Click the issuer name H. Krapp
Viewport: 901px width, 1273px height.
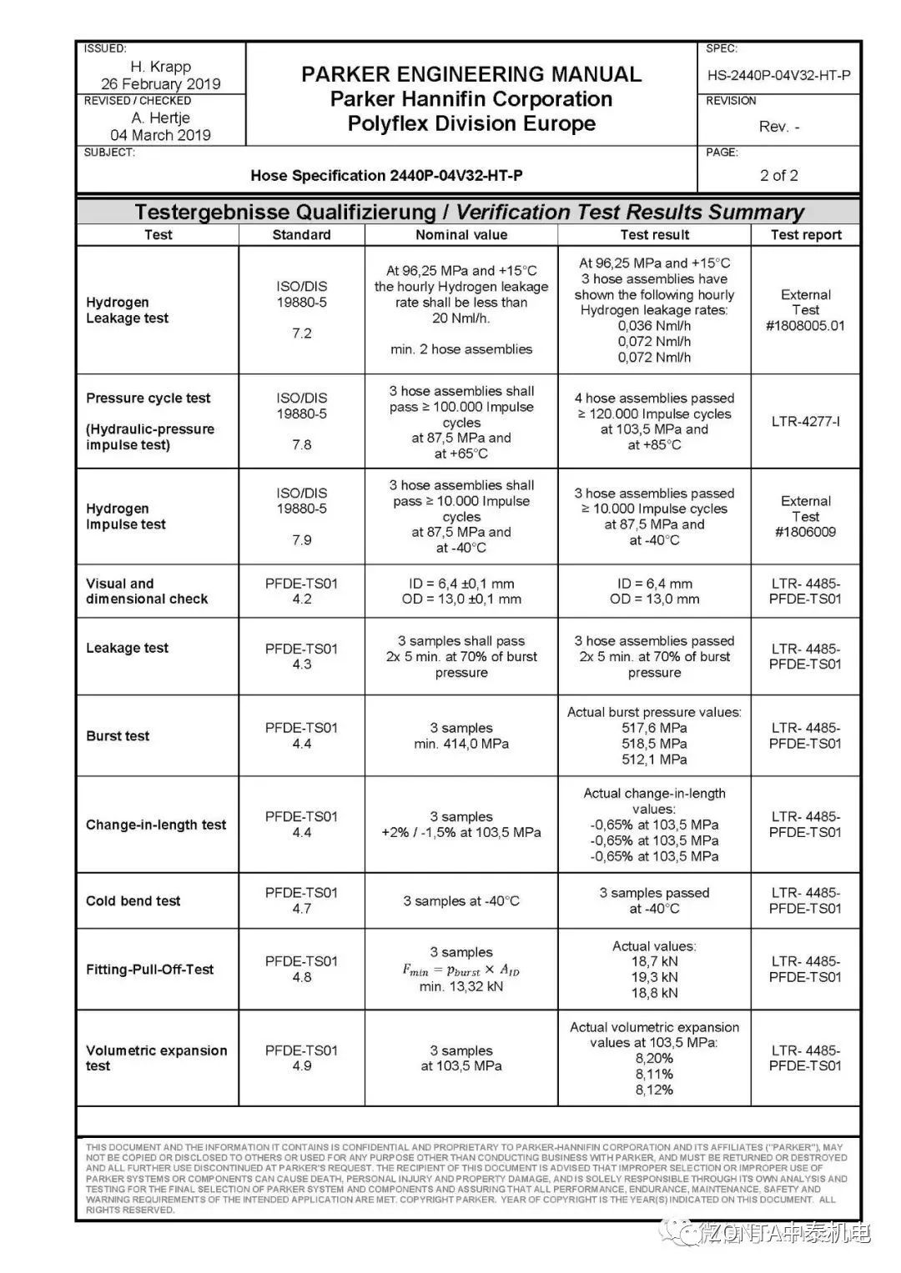160,67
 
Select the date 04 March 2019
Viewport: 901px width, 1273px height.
160,135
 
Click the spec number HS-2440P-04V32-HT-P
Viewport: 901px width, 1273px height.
778,76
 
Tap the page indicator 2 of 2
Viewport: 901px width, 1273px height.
778,175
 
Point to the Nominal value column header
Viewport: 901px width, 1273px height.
461,235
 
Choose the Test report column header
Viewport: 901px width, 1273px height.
806,235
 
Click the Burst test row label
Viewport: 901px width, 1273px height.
118,736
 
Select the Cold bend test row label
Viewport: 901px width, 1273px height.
133,901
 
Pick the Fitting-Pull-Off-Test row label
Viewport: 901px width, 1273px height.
150,970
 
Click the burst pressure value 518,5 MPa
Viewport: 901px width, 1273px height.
654,744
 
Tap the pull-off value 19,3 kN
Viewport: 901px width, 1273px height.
654,977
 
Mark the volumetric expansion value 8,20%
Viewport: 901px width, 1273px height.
654,1059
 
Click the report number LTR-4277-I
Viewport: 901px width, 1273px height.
805,422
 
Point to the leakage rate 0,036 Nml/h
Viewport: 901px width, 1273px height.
654,326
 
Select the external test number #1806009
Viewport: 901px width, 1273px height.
805,532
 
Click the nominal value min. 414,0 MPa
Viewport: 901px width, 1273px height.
461,744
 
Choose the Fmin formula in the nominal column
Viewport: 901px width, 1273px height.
461,970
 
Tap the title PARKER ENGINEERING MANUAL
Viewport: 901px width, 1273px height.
471,74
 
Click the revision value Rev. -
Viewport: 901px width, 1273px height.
778,127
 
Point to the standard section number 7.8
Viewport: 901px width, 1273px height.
301,445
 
